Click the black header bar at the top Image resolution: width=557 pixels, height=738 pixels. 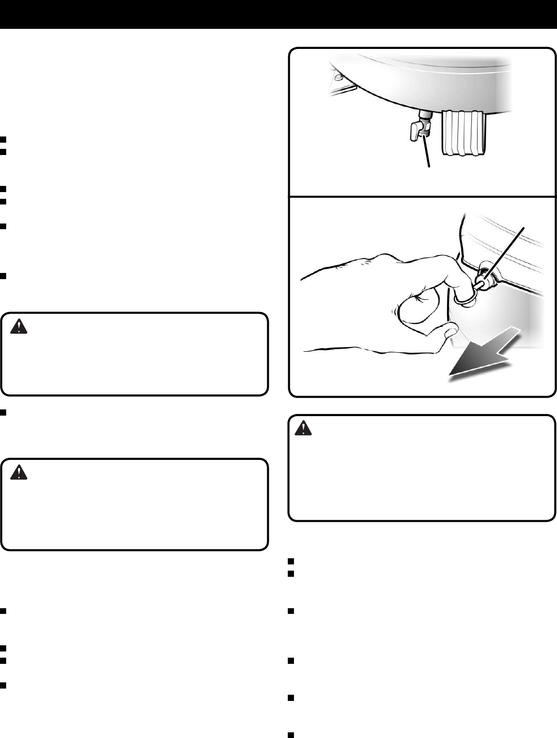[278, 14]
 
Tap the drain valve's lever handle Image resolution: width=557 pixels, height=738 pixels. [415, 132]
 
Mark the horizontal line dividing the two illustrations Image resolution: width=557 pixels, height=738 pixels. [422, 196]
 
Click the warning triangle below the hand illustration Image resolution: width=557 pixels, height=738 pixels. [304, 428]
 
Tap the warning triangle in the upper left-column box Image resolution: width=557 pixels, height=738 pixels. [18, 327]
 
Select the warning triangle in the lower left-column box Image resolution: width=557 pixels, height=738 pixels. [18, 473]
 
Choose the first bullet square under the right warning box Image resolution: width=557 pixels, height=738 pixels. [291, 562]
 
